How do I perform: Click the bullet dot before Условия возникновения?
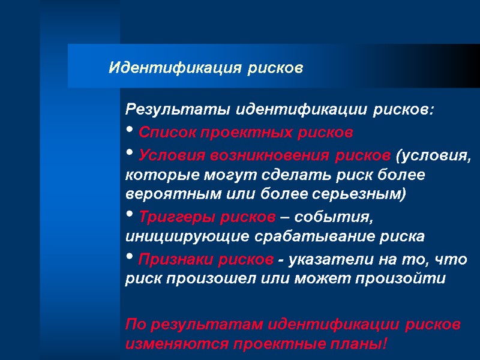(130, 154)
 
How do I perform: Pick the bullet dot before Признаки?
(130, 258)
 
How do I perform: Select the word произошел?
(203, 280)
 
